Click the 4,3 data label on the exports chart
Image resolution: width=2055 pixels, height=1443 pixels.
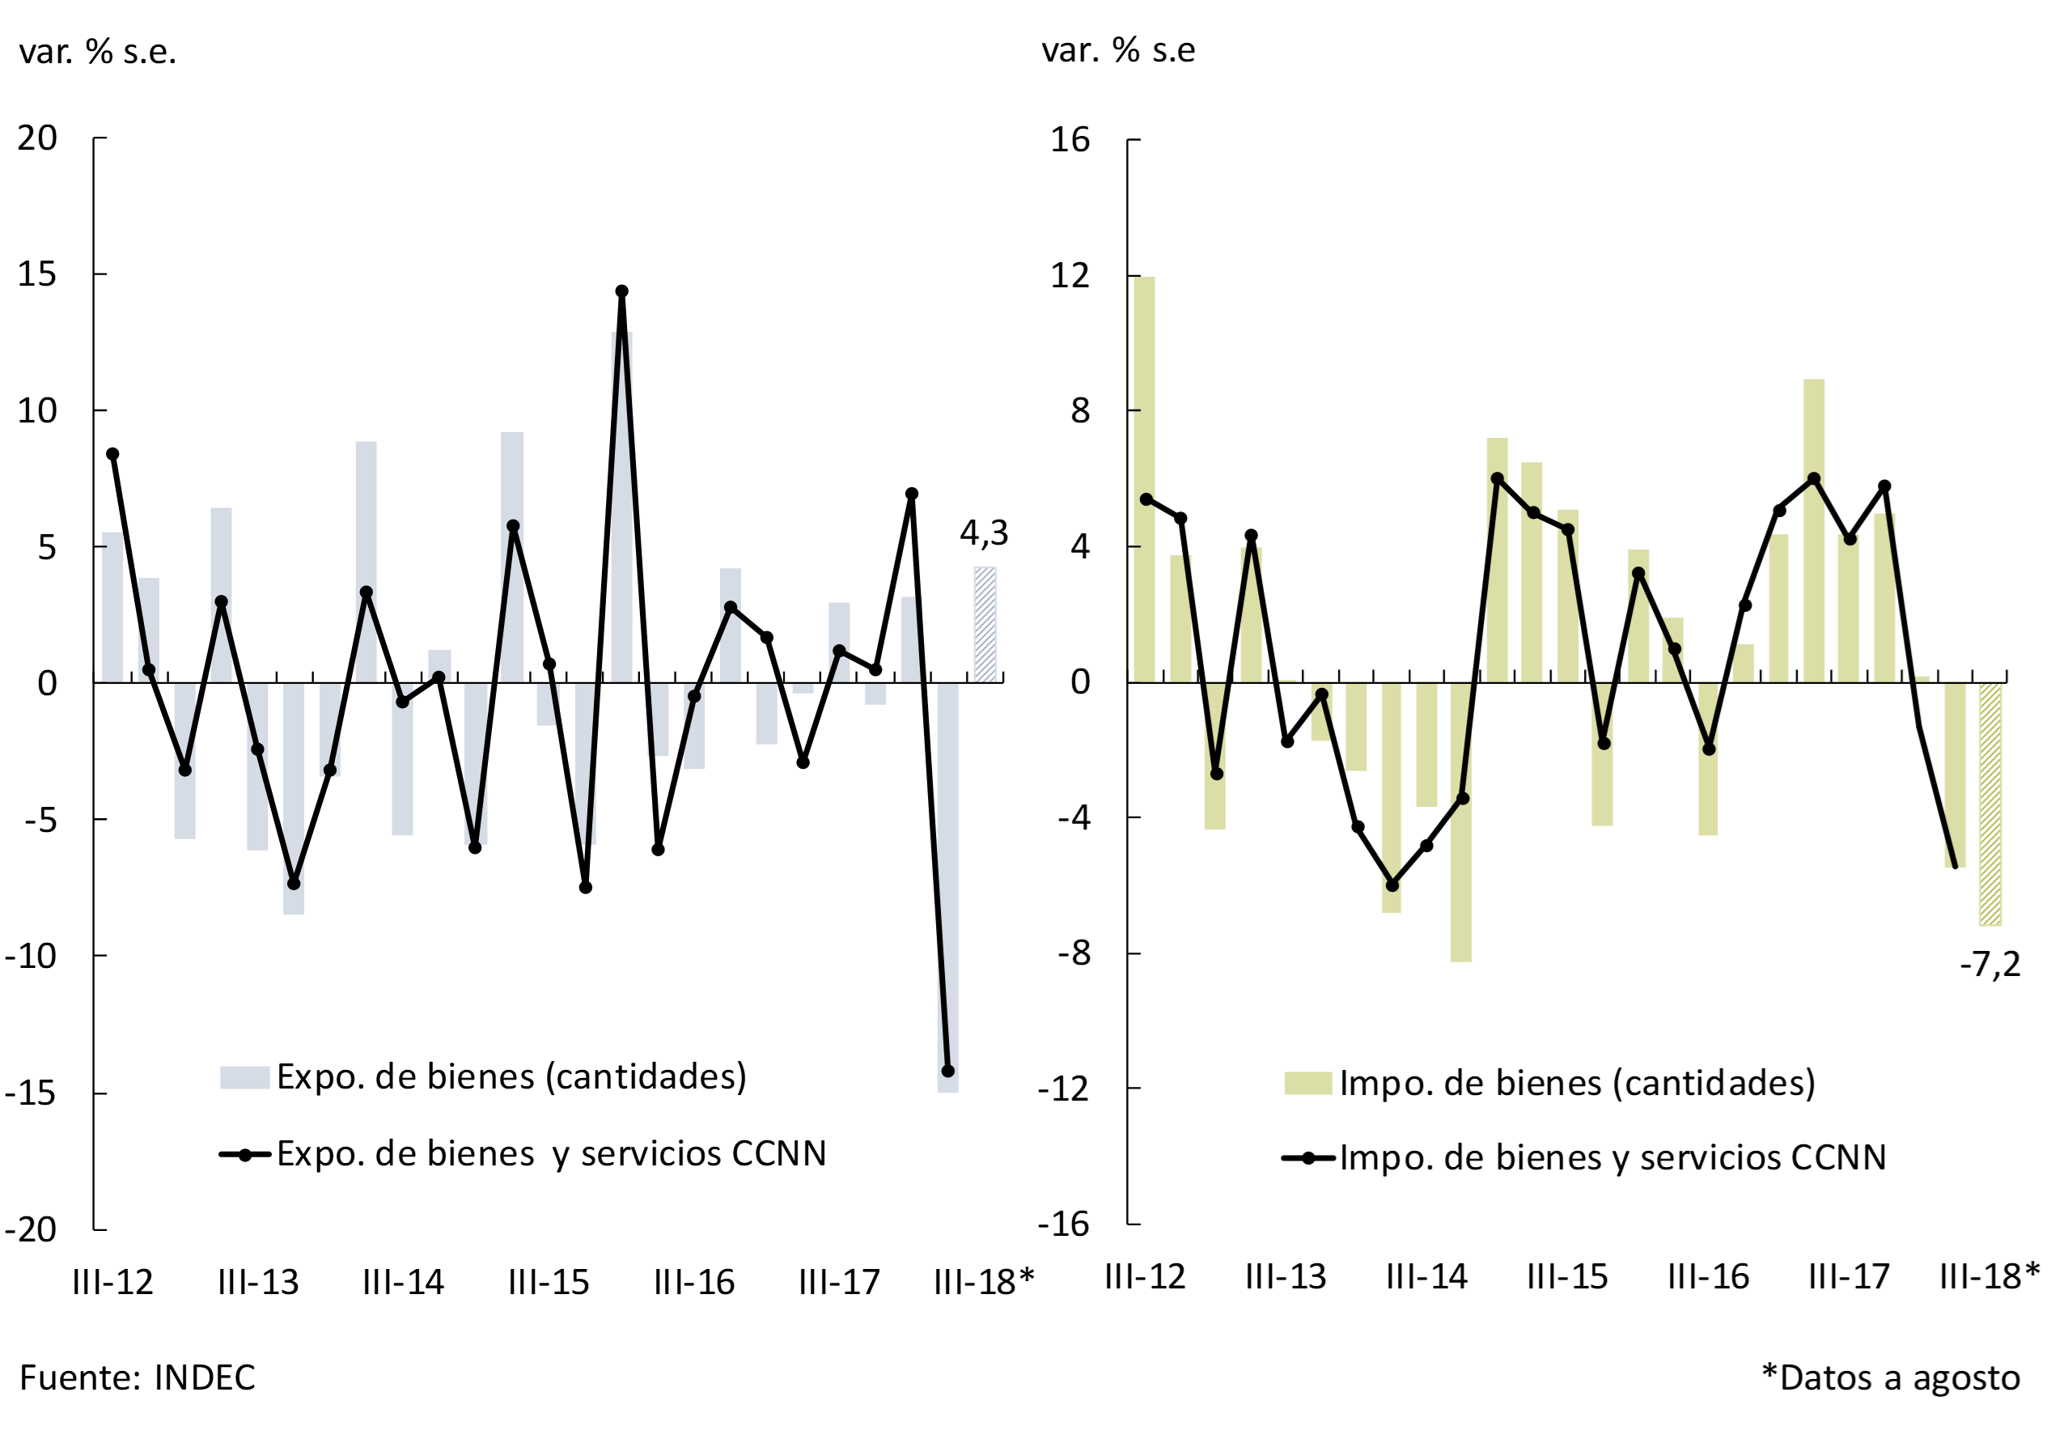coord(983,533)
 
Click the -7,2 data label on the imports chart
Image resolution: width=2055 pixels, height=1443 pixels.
coord(1989,965)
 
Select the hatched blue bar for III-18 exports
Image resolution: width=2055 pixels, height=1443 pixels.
coord(985,625)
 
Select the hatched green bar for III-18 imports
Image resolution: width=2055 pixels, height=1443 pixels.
coord(1989,803)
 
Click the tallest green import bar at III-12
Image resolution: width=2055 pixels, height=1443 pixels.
coord(1145,479)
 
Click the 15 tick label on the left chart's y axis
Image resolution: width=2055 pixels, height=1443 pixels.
coord(37,275)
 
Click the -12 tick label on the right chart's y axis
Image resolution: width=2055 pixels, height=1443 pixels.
coord(1063,1089)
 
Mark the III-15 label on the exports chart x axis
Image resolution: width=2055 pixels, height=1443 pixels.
coord(549,1283)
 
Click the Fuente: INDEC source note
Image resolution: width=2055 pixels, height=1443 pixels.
coord(137,1377)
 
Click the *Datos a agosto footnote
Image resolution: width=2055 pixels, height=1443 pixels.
coord(1889,1377)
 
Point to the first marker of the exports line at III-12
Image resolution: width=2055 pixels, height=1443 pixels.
coord(112,455)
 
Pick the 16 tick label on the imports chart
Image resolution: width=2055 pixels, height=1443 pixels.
coord(1070,140)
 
